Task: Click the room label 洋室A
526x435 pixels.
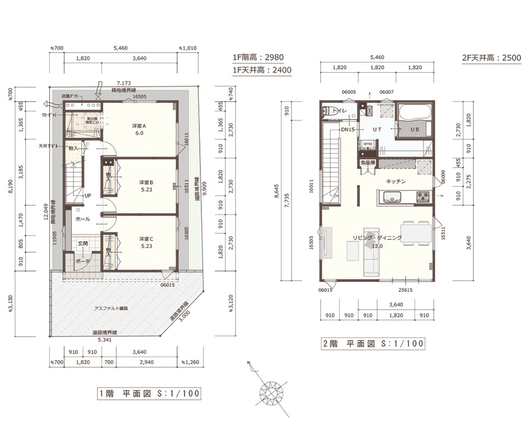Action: [x=140, y=126]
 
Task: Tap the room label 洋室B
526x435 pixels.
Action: [x=147, y=182]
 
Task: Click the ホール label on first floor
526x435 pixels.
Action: [x=83, y=219]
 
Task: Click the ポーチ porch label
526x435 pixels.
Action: [x=83, y=261]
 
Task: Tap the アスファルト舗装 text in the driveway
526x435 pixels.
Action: [x=111, y=308]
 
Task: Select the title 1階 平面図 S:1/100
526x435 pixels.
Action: [x=149, y=394]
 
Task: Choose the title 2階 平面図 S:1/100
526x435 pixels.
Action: [x=372, y=343]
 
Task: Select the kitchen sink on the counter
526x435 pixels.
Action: [x=391, y=196]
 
